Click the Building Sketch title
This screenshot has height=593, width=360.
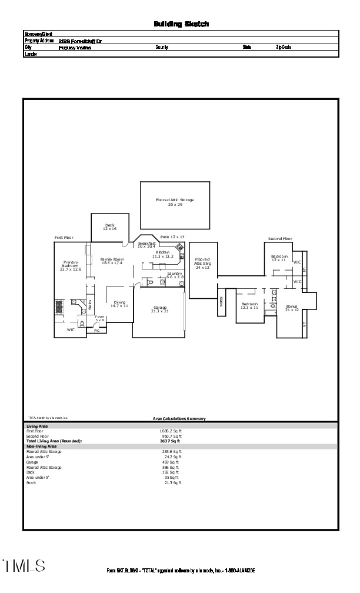click(181, 24)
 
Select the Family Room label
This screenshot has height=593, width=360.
click(112, 261)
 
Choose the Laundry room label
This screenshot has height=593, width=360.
click(175, 275)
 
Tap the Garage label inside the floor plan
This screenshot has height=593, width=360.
click(160, 309)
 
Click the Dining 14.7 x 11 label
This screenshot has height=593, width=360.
click(119, 304)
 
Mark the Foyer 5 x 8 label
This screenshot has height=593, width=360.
click(100, 318)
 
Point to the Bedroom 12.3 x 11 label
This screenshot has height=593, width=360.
click(249, 306)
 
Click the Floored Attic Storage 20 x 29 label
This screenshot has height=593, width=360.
click(175, 202)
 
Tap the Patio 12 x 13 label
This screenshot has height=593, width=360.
click(172, 236)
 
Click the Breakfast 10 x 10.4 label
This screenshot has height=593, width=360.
click(146, 244)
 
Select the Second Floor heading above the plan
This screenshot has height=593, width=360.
click(280, 239)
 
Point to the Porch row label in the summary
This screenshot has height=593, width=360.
click(32, 482)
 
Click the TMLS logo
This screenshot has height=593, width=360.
click(24, 566)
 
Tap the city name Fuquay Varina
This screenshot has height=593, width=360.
click(75, 48)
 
